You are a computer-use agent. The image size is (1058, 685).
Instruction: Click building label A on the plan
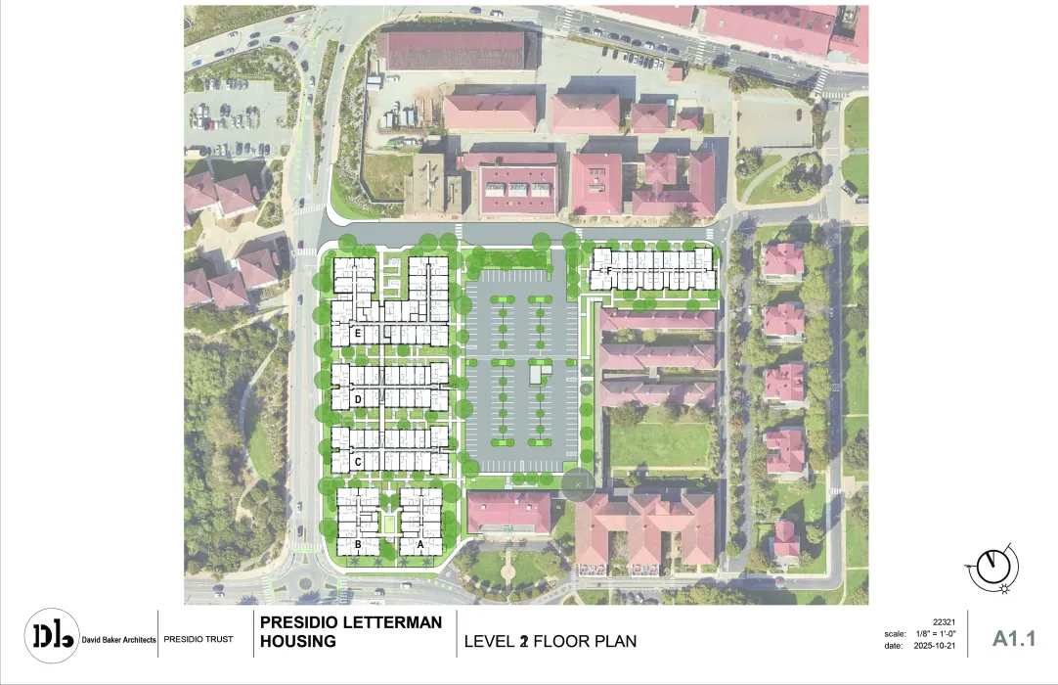[x=421, y=544]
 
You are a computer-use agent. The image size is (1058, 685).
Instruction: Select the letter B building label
[x=359, y=544]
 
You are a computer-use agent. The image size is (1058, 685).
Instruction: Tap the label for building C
[x=359, y=461]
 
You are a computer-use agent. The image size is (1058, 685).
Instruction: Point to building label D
[x=359, y=399]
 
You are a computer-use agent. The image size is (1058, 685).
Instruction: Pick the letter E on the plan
[x=359, y=335]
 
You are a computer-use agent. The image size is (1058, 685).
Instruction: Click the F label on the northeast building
[x=608, y=270]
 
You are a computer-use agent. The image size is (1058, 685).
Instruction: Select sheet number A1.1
[x=1013, y=639]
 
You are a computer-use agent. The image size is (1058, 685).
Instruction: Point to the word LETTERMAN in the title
[x=388, y=622]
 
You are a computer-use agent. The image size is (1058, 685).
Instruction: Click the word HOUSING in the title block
[x=297, y=642]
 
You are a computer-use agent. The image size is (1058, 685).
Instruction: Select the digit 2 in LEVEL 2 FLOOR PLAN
[x=524, y=642]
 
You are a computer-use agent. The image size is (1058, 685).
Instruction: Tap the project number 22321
[x=945, y=622]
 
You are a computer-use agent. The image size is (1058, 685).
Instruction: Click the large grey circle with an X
[x=578, y=481]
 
